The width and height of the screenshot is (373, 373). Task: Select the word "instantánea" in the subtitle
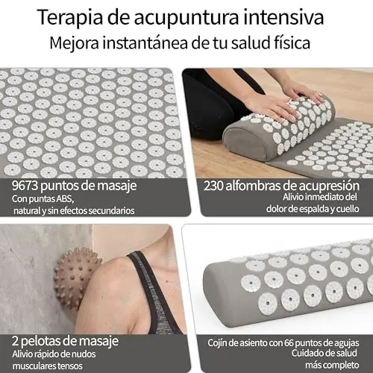(x=145, y=43)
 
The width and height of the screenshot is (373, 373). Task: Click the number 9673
(x=25, y=186)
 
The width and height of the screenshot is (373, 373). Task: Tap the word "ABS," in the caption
(x=65, y=199)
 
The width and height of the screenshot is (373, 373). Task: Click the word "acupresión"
(x=329, y=186)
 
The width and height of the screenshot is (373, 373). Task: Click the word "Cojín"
(x=217, y=343)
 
